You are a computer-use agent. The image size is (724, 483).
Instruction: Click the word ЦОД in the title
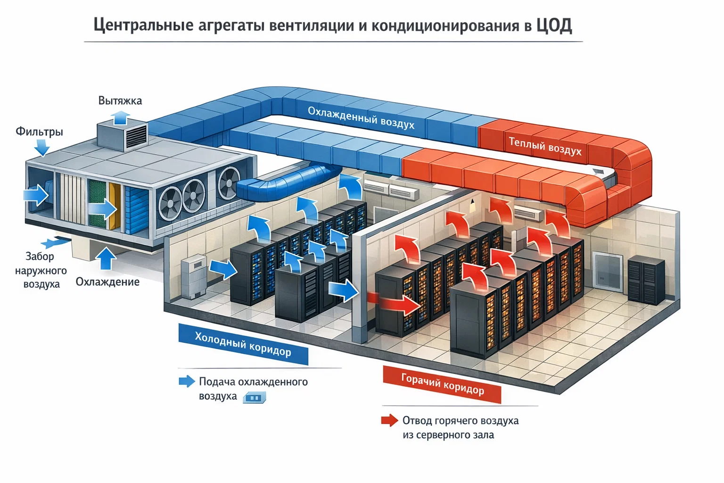coord(554,25)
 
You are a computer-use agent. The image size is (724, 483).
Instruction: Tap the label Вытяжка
coord(120,100)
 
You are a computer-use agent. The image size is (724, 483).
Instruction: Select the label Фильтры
coord(39,131)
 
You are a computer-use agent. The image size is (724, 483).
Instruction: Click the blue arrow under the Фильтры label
coord(42,149)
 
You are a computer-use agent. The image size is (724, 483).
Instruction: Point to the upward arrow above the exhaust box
coord(121,117)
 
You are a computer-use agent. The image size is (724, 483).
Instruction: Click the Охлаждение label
coord(107,282)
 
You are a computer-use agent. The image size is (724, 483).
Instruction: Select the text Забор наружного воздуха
coord(41,270)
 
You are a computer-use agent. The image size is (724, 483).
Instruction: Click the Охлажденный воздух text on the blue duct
coord(361,117)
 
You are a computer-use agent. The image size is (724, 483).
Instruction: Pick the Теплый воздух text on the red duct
coord(545,146)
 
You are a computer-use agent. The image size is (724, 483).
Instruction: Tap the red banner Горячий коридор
coord(442,384)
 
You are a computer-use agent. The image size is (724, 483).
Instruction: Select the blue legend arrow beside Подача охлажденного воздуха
coord(187,382)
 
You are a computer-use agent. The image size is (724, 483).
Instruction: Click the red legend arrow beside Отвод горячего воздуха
coord(390,420)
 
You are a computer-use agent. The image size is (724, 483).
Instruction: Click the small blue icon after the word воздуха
coord(255,398)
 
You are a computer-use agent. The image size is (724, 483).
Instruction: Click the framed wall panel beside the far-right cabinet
coord(608,271)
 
